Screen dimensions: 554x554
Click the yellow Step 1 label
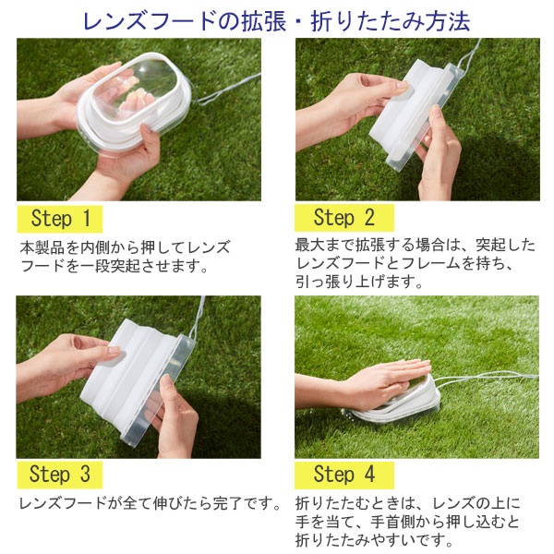tap(60, 219)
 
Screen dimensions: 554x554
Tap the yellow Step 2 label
tap(344, 218)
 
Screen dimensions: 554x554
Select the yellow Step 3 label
tap(60, 475)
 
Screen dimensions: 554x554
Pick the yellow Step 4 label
tap(344, 475)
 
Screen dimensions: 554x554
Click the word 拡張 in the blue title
tap(263, 21)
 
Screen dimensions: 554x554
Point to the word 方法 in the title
tap(448, 21)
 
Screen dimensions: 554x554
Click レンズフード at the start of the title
tap(149, 21)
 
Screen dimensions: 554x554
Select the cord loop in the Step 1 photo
tap(226, 90)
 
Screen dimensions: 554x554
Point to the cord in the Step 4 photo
tap(488, 378)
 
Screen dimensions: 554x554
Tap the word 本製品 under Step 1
tap(42, 247)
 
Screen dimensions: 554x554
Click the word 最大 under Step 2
tap(310, 245)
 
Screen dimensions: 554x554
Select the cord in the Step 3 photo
tap(198, 318)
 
